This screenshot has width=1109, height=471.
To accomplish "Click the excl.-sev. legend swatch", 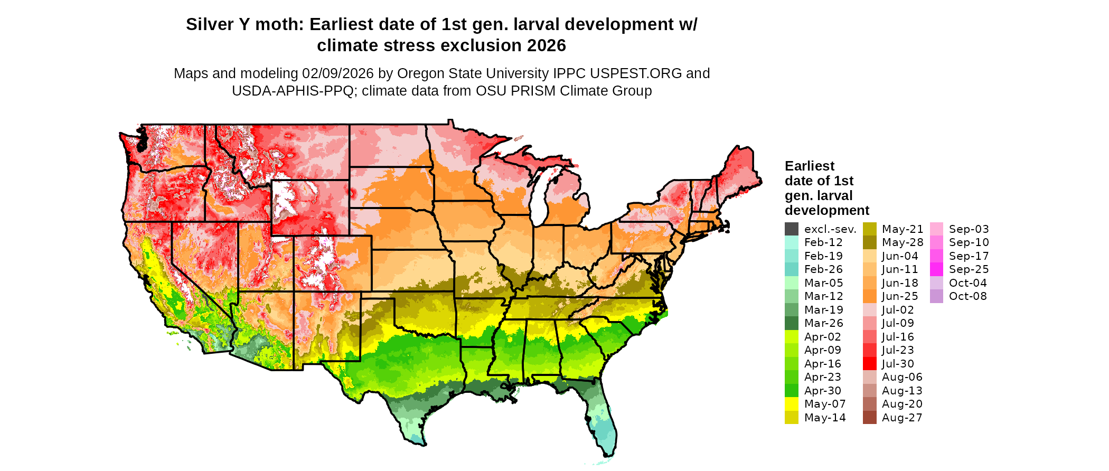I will click(791, 229).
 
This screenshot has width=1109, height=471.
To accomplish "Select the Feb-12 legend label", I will click(823, 242).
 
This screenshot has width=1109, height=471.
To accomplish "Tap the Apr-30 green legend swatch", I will click(791, 391).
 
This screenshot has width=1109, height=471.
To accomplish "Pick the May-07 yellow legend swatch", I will click(791, 404).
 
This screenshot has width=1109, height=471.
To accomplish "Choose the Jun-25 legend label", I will click(900, 296).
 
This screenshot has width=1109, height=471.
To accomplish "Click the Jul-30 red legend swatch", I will click(869, 364).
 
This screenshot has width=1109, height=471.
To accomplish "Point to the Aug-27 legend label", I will click(902, 418).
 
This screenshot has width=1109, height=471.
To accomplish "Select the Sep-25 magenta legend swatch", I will click(936, 269).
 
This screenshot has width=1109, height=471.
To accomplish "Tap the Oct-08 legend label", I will click(967, 296).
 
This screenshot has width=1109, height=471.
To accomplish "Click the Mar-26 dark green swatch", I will click(791, 323).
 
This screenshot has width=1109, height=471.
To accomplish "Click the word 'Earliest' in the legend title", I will click(809, 166).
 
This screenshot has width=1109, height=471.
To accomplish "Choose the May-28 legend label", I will click(902, 242).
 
